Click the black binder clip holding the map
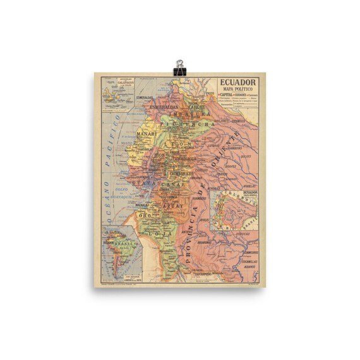180,68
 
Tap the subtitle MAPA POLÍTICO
239,90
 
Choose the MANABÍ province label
145,134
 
